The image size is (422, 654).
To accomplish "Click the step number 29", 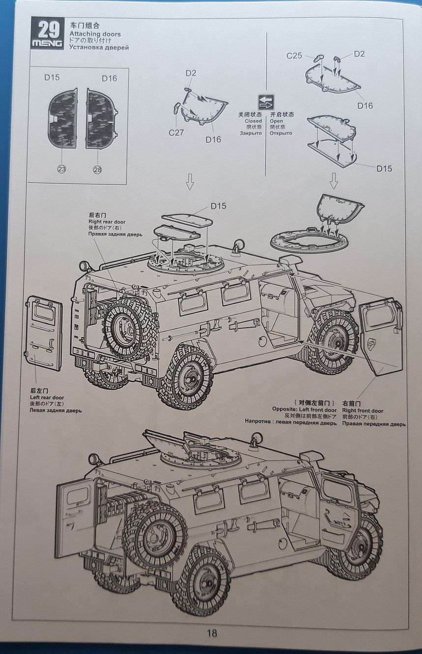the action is coord(49,29).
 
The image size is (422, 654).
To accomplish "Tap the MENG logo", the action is coord(47,44).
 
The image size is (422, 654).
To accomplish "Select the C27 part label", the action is coord(176,132).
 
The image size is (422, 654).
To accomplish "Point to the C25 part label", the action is coord(294,55).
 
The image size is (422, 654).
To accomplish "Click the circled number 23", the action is coord(62,169).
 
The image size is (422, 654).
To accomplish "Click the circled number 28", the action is coord(97,169).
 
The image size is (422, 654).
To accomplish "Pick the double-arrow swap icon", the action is coord(266,102).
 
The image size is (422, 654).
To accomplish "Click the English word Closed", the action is coord(253,121).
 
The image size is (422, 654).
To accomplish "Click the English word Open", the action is coord(276,121).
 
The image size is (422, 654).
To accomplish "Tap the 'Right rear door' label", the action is coord(107,222).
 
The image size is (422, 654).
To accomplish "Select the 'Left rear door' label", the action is coord(47,397).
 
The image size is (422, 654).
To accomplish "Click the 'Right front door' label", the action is coord(363,411).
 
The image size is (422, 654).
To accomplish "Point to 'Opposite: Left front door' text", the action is coord(305,410).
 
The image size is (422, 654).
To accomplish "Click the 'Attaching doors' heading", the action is coord(95,34).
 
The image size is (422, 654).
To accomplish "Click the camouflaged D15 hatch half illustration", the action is coord(62,118).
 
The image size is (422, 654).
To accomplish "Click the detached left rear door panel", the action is coord(44,333).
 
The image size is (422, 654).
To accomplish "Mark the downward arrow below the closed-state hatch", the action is coord(190,182).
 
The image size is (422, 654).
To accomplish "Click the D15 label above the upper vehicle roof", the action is coord(219,206).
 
